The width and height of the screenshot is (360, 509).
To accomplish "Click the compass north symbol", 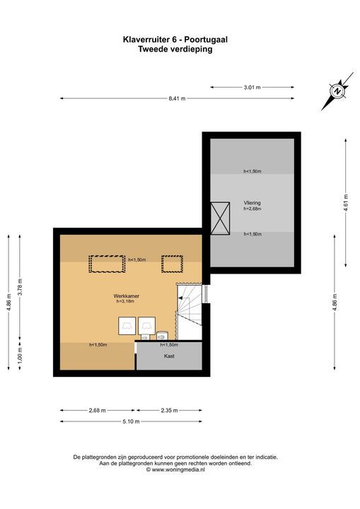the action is tap(337, 91).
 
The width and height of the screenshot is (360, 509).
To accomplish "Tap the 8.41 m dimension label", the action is tap(177, 99).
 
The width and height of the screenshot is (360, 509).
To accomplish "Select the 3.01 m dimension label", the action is tap(252, 88).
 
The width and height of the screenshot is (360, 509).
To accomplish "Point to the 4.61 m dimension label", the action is tap(346, 203).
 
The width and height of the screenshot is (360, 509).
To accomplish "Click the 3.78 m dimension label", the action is tap(20, 287).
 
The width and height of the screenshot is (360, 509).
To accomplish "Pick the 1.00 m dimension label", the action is tap(20, 356).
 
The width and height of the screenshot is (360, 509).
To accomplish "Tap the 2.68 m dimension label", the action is tap(98, 410).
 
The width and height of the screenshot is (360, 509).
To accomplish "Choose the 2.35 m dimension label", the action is tap(169, 410).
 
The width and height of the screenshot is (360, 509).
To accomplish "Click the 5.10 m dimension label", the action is tap(131, 421).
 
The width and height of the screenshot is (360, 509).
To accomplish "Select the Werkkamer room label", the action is tap(127, 296).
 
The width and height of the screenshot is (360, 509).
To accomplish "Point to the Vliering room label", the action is tap(252, 203).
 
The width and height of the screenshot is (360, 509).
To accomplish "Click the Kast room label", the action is tap(169, 356).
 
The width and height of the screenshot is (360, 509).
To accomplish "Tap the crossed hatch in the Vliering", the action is tap(220, 218).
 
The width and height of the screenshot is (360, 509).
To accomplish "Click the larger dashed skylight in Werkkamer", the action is tap(108, 264).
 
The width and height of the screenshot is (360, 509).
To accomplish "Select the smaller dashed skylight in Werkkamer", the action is tap(172, 264).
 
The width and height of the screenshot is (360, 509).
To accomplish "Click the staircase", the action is tap(190, 312).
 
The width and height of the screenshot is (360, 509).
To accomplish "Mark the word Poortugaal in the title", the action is tap(206, 40).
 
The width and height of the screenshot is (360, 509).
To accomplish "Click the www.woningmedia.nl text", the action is tap(178, 469).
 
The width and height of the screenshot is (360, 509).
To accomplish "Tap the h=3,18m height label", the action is tap(125, 301).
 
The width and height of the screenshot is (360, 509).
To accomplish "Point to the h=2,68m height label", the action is tap(252, 209).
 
